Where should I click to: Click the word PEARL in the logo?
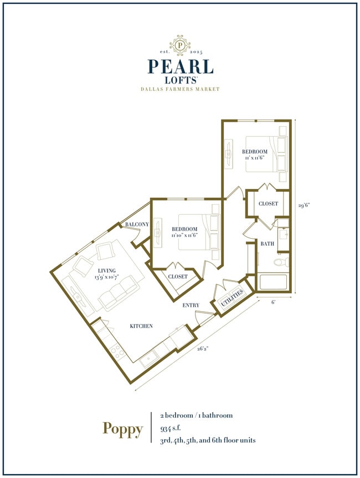(x=180, y=66)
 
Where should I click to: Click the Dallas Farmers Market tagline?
(x=180, y=89)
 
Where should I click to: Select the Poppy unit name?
(x=122, y=428)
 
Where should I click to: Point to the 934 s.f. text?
(x=173, y=428)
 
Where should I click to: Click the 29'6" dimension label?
(x=303, y=204)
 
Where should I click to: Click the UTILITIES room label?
(x=232, y=301)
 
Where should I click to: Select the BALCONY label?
(x=137, y=224)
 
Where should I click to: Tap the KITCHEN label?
(x=141, y=326)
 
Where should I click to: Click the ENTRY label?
(x=191, y=305)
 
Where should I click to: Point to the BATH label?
(x=268, y=244)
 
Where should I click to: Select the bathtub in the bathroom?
(x=272, y=282)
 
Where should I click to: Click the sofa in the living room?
(x=117, y=293)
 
